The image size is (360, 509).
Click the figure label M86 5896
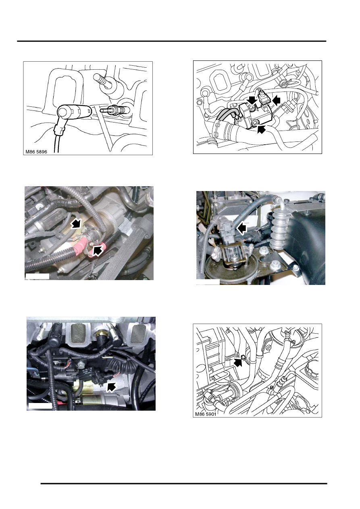(36, 152)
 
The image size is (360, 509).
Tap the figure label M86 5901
(206, 414)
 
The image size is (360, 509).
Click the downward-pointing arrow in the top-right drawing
(252, 100)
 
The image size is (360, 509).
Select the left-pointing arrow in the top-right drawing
(275, 100)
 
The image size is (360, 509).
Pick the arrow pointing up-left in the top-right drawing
(262, 129)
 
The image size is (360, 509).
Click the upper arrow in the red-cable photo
(76, 223)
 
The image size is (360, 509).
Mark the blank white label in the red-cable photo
(37, 276)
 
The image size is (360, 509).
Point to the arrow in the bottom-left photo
(111, 386)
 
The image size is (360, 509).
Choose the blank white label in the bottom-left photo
(40, 406)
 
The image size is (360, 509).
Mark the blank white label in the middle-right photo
(208, 282)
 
